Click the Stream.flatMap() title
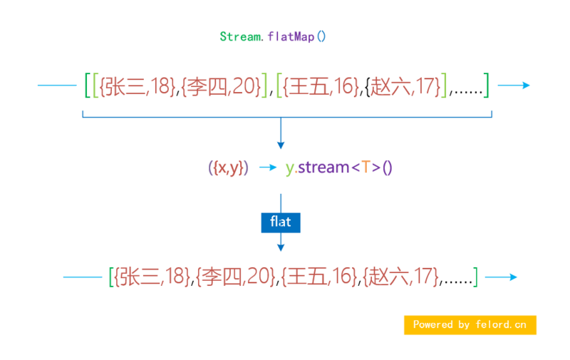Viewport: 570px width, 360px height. pos(272,36)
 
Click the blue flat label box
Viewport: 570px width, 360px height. pos(281,222)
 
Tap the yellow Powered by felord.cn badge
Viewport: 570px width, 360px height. pos(470,324)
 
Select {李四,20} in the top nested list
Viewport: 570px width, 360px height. pos(222,86)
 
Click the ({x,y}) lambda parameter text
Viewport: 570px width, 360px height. pos(228,168)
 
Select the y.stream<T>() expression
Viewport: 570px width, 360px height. pos(339,168)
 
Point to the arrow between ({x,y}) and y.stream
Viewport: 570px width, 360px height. pos(267,168)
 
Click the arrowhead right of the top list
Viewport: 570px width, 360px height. pos(525,86)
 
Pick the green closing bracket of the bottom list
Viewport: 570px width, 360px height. pos(476,277)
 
